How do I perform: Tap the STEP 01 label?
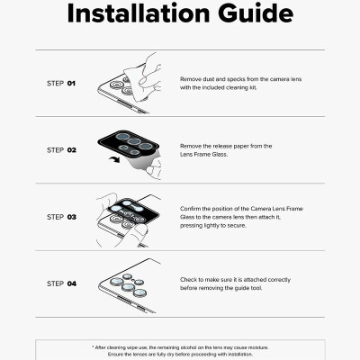61,84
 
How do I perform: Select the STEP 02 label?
61,150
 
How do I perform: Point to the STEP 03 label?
61,217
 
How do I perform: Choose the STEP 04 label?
61,283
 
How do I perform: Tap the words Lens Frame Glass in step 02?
203,155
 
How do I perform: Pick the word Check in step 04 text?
190,279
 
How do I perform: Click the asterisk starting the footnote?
93,346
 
